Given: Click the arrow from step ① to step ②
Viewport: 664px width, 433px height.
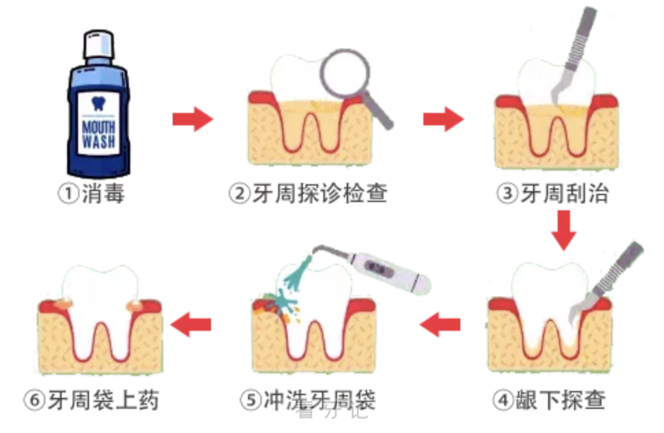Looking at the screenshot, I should point(193,119).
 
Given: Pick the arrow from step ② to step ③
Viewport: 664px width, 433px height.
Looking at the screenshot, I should point(442,119).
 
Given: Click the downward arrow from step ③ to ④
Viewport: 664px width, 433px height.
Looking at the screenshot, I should point(564,229).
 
